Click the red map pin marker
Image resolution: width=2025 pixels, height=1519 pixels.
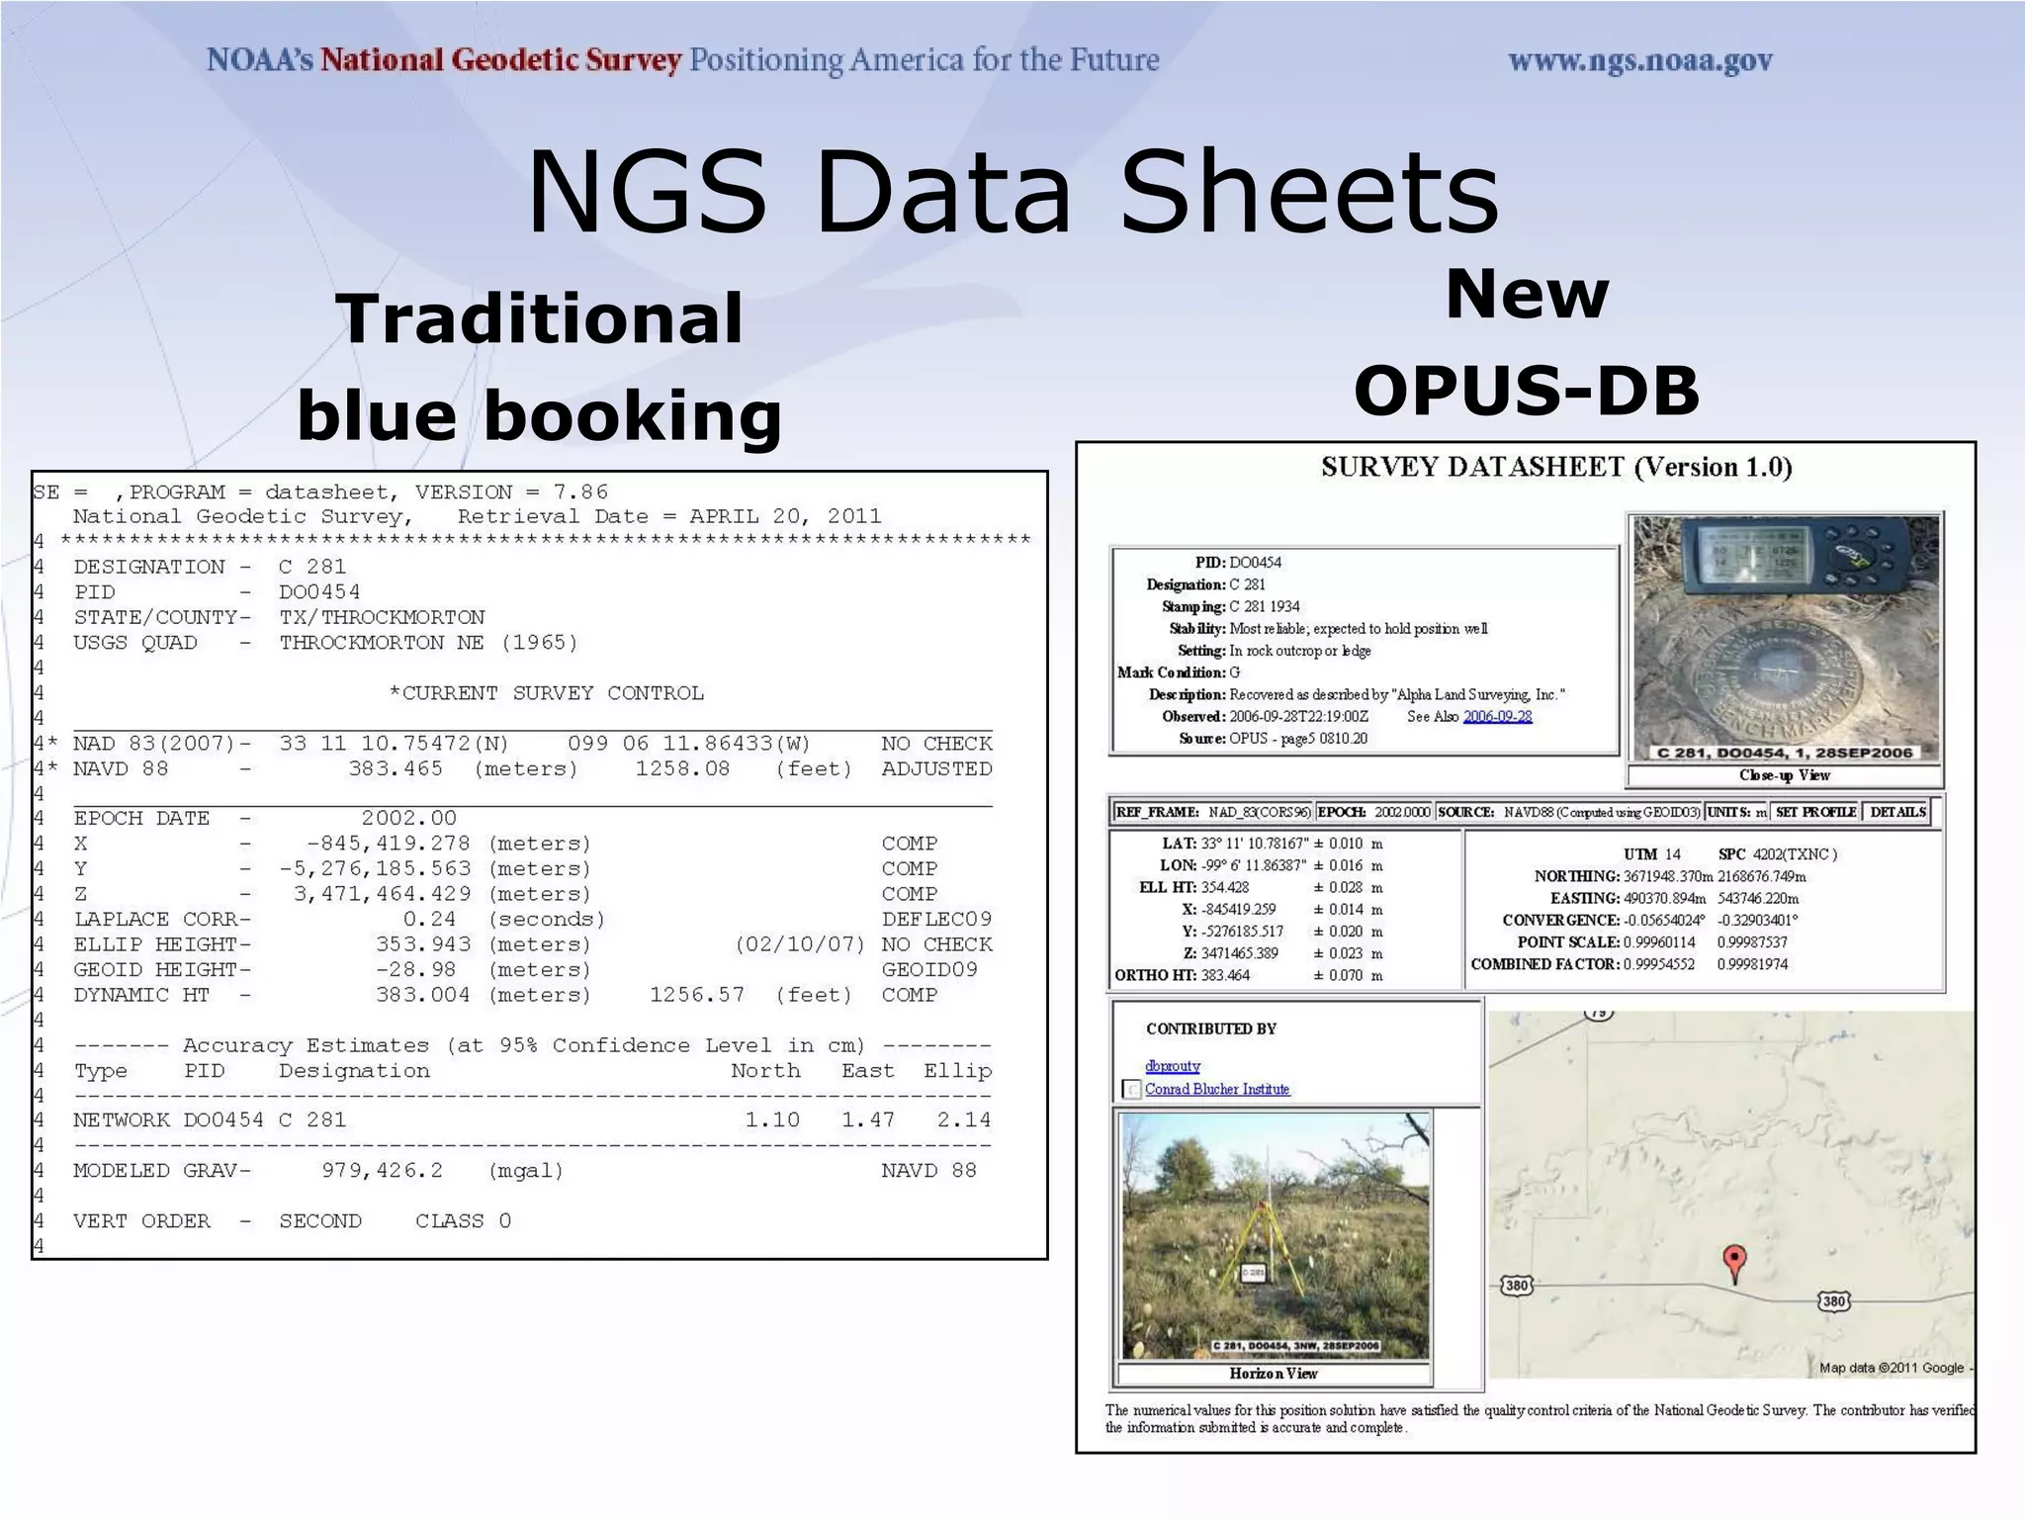1734,1261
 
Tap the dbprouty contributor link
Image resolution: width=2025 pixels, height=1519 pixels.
1173,1066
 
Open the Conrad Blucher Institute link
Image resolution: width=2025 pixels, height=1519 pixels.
1217,1089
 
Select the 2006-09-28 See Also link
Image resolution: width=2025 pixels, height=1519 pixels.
1497,717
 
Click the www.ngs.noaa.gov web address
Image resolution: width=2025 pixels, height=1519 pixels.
1639,61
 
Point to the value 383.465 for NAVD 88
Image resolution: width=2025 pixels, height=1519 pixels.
396,769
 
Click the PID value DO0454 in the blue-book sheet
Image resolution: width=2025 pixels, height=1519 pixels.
319,592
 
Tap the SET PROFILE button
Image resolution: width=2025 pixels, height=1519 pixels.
1815,812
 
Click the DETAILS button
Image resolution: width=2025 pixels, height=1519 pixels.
1897,812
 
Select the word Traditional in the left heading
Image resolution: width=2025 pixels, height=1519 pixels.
540,319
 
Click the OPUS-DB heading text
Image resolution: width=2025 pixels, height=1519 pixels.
1526,391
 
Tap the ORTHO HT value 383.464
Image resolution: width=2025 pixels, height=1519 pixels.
1225,975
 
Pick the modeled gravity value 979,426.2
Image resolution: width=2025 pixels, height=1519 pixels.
383,1171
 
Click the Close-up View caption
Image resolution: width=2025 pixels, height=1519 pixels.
1784,775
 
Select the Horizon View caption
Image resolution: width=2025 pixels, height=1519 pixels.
1273,1373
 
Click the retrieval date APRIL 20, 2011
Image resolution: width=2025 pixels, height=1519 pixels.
784,516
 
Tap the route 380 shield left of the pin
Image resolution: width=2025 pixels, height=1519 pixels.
1517,1286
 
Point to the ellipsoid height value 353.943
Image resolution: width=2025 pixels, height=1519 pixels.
423,944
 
